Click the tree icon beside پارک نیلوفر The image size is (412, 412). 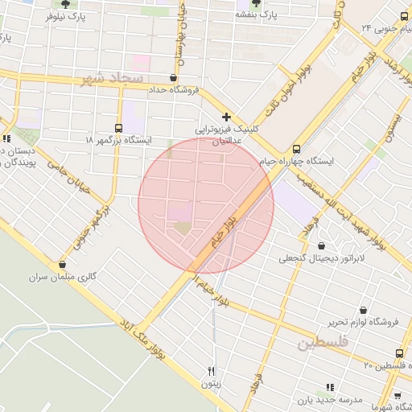point(54,4)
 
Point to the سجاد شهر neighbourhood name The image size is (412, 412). point(112,79)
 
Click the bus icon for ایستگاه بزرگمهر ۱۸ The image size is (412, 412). point(119,128)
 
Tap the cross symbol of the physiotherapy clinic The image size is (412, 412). point(227,117)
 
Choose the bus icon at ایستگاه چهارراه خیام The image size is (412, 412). point(296,149)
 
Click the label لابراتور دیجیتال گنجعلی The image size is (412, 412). point(322,258)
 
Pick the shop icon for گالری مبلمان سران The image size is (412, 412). point(62,264)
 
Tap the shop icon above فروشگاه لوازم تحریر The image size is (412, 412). point(364,310)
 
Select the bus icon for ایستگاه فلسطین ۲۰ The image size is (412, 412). point(400,353)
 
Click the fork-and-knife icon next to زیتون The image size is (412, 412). point(211,371)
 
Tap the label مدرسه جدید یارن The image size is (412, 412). point(352,399)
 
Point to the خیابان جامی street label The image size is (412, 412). point(69,174)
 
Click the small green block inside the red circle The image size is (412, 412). point(183,228)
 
